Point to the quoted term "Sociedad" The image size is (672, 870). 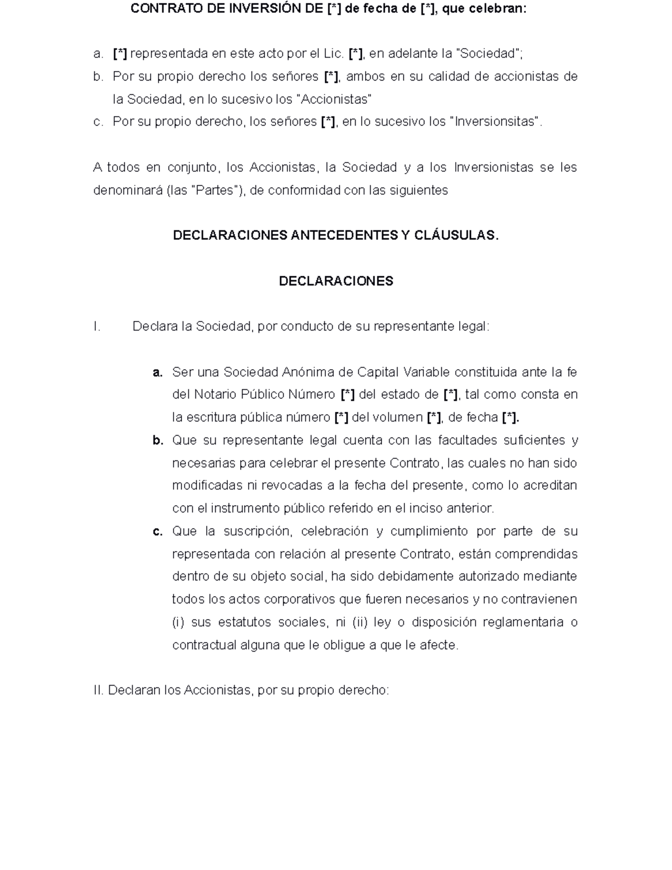[x=489, y=54]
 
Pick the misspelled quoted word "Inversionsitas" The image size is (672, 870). [x=496, y=122]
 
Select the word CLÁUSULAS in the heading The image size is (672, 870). [x=456, y=236]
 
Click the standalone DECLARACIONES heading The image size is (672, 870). [x=336, y=281]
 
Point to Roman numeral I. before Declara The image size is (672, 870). [x=97, y=327]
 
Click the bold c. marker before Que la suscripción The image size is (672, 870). [x=157, y=531]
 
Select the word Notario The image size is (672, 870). [x=215, y=395]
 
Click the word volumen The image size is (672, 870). [x=398, y=417]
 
